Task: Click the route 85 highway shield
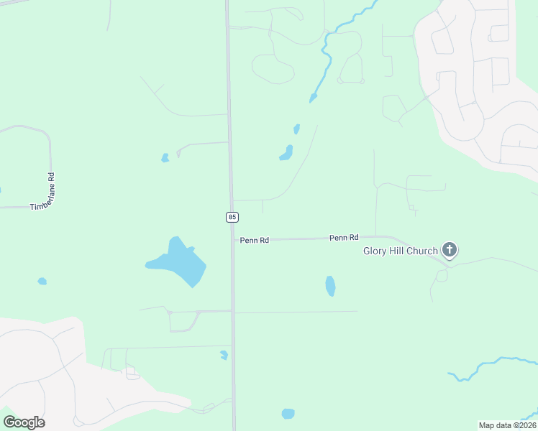[x=232, y=216]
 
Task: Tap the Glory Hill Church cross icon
[x=450, y=250]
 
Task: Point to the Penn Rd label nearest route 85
[x=255, y=241]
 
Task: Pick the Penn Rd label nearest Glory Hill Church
[x=344, y=237]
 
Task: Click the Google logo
[x=24, y=422]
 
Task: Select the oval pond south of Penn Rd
[x=330, y=286]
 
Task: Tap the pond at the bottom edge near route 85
[x=288, y=414]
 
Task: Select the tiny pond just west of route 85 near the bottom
[x=224, y=355]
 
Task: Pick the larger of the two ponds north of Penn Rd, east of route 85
[x=286, y=153]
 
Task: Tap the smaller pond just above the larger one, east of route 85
[x=296, y=129]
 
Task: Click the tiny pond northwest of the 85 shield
[x=165, y=157]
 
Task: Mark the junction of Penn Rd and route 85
[x=232, y=240]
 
